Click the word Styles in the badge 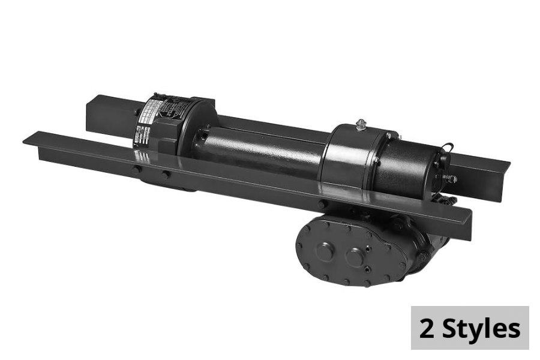pyautogui.click(x=481, y=329)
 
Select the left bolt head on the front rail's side pyautogui.click(x=137, y=170)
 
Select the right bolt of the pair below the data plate pyautogui.click(x=165, y=175)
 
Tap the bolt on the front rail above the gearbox pyautogui.click(x=322, y=204)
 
